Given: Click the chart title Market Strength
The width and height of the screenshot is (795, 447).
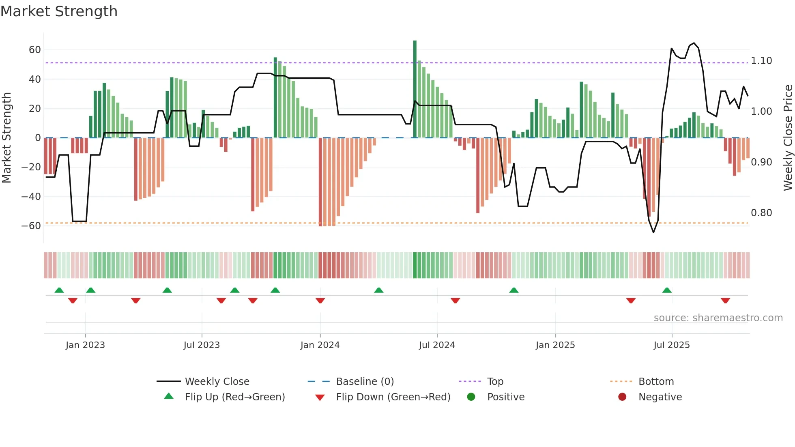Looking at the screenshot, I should point(59,11).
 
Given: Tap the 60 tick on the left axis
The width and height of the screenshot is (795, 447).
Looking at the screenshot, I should point(35,50).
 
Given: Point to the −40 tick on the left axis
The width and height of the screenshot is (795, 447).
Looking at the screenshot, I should point(31,196).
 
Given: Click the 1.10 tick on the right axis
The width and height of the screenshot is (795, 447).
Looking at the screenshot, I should point(761,61).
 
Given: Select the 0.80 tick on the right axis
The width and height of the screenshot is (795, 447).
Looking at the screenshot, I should point(761,213).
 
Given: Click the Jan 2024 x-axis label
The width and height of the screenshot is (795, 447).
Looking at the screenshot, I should point(320,345).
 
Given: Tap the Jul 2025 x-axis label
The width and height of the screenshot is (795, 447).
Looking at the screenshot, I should point(672,345).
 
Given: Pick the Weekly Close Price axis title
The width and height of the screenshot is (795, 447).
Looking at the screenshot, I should point(788,138).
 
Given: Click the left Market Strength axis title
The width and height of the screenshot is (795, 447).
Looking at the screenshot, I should point(7,138).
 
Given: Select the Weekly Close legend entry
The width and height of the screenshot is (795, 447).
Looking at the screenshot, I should point(217,382).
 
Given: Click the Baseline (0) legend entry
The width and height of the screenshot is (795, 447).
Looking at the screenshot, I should point(365,382).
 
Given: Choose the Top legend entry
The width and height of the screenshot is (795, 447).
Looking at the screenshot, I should point(495,382).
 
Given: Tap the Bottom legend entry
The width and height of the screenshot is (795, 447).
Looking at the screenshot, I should point(656,382).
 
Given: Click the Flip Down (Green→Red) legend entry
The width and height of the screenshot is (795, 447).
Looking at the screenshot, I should point(393,397).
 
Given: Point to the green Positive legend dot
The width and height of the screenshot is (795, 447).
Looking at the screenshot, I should point(471,397).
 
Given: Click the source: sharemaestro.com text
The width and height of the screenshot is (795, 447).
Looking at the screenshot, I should point(718,318).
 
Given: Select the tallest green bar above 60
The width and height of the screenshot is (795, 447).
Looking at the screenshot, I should point(415,89).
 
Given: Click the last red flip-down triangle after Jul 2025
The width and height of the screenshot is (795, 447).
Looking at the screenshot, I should point(726,301).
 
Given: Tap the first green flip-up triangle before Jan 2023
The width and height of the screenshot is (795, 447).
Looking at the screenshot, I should point(59,290).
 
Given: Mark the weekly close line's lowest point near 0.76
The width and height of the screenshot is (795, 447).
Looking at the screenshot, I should point(653,232).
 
